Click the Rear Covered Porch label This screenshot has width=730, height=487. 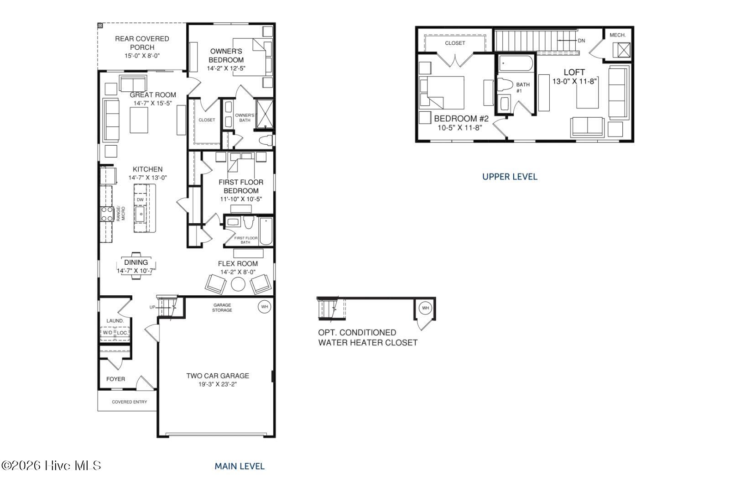tap(142, 43)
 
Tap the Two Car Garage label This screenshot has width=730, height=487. tap(218, 376)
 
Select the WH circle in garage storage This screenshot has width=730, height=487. tap(264, 307)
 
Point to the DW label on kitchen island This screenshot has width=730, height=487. tap(140, 200)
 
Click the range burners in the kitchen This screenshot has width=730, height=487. tap(107, 214)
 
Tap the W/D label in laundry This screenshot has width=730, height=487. tap(108, 332)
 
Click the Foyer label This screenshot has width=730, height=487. tap(116, 379)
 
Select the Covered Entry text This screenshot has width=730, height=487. tap(130, 402)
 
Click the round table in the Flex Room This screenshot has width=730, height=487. tap(238, 284)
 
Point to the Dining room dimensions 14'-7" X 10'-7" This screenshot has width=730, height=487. tap(136, 271)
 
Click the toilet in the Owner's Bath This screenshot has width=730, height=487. tap(266, 141)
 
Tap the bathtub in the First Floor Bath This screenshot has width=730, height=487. tap(266, 231)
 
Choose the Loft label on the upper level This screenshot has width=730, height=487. tap(574, 72)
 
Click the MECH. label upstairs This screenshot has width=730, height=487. tap(618, 35)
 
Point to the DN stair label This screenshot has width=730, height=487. tap(581, 41)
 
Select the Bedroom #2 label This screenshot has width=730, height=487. tap(461, 118)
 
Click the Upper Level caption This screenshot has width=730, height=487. tap(510, 177)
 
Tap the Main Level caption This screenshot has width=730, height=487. tap(240, 466)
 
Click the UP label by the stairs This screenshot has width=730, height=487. tap(152, 307)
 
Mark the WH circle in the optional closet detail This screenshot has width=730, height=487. tap(425, 308)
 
